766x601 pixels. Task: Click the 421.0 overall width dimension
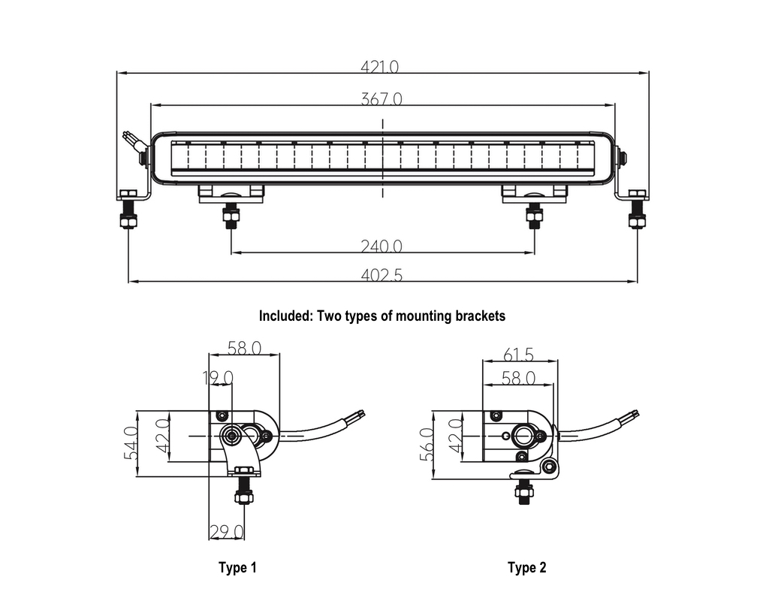[x=379, y=66]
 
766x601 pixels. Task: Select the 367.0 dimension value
[x=381, y=99]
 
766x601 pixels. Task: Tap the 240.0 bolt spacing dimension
[x=381, y=246]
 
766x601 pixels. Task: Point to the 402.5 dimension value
[x=381, y=276]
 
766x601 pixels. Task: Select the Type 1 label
[x=237, y=567]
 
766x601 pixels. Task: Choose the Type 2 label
[x=526, y=567]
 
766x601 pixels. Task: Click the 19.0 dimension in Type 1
[x=218, y=378]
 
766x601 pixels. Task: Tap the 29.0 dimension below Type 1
[x=227, y=531]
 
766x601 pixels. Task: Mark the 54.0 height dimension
[x=131, y=443]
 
